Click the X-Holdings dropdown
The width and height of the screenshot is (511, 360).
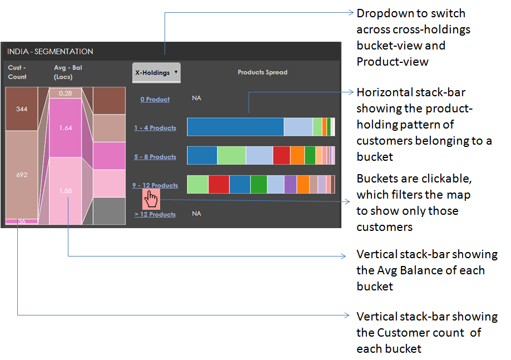[x=156, y=72]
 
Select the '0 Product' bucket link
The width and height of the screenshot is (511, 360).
[x=155, y=99]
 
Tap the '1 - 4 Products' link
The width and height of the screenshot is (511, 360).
[x=155, y=128]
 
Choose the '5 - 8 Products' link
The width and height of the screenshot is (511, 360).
[x=155, y=157]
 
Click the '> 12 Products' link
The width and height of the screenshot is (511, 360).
[x=155, y=214]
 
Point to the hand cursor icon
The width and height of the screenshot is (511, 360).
[x=151, y=199]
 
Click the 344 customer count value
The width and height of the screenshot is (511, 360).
[x=22, y=109]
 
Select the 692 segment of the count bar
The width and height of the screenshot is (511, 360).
[x=22, y=175]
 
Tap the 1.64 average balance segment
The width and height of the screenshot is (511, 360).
[x=66, y=128]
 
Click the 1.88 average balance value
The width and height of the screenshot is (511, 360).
[x=66, y=191]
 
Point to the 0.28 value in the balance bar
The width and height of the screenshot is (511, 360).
[x=66, y=93]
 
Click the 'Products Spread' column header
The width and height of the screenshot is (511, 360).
[x=262, y=72]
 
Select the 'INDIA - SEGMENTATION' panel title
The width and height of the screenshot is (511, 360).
[x=50, y=52]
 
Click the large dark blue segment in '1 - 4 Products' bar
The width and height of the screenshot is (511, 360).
[x=235, y=127]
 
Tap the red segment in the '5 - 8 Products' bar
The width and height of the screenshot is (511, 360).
[x=281, y=156]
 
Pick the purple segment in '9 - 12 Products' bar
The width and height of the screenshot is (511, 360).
[x=290, y=184]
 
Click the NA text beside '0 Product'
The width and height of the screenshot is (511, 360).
[x=196, y=98]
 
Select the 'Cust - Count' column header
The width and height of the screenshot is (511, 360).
[x=17, y=72]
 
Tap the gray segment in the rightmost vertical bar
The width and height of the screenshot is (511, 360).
[x=109, y=211]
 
